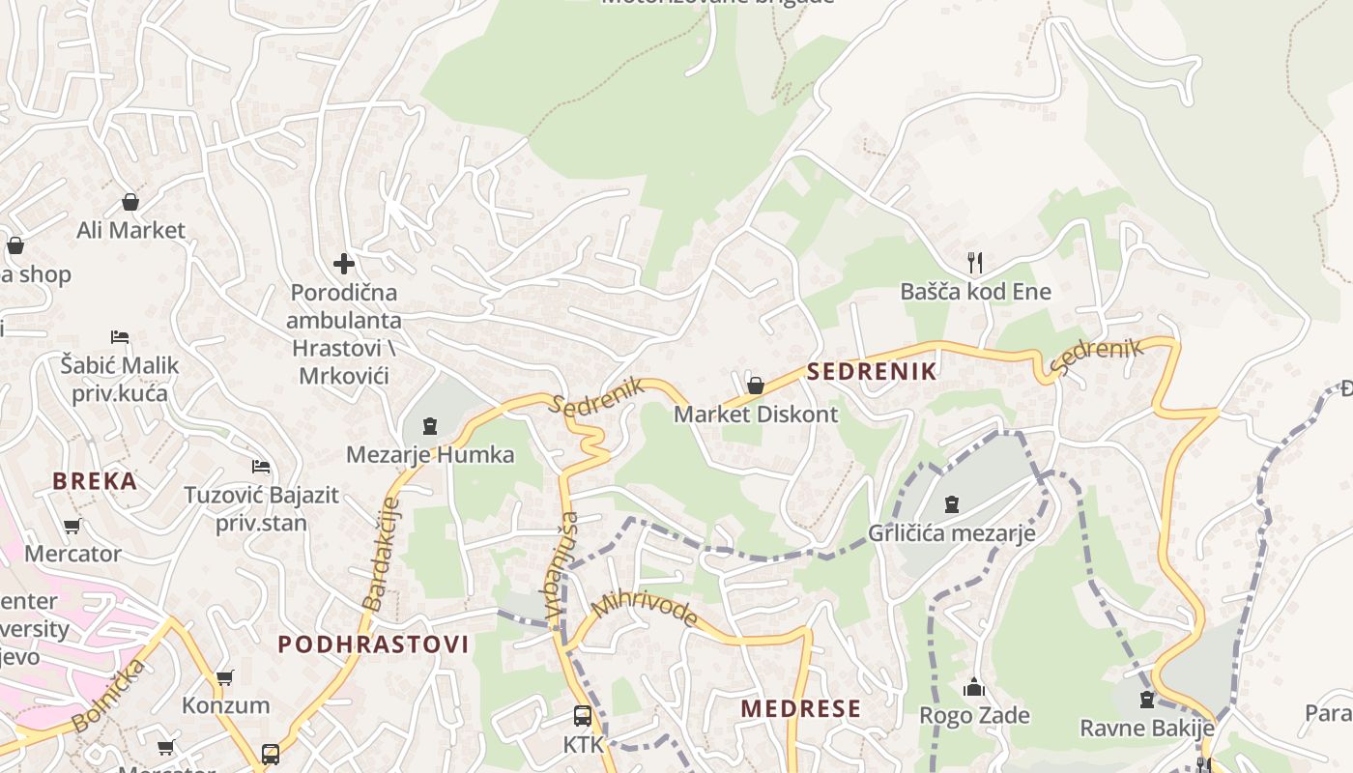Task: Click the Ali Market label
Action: [130, 230]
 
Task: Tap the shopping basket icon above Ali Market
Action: [130, 202]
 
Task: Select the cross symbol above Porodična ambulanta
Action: [344, 263]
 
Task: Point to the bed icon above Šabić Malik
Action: [120, 337]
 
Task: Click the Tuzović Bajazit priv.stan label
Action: [261, 509]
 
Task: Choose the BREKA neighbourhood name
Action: [95, 481]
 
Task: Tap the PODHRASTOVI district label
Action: [373, 644]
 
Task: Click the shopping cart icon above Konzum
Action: [225, 677]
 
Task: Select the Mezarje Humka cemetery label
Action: [430, 454]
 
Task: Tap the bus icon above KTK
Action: [583, 716]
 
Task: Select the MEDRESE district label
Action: [800, 709]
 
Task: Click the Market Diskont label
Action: [756, 415]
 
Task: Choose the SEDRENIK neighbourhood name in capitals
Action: [872, 371]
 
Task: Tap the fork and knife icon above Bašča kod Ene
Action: [975, 262]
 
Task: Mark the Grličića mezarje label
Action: [951, 532]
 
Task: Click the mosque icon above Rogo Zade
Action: [974, 687]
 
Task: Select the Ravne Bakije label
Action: [1146, 728]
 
